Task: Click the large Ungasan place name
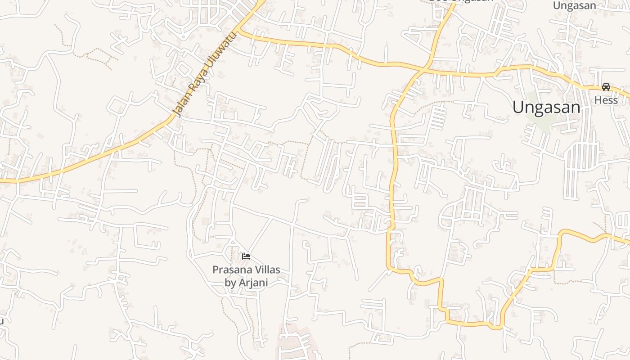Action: (546, 107)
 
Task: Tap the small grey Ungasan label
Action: (574, 6)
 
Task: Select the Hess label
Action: (606, 100)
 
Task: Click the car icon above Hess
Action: (606, 87)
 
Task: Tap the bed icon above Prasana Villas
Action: (246, 256)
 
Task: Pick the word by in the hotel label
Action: (230, 283)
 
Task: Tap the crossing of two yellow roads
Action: (424, 69)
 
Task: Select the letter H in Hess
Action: (598, 100)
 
